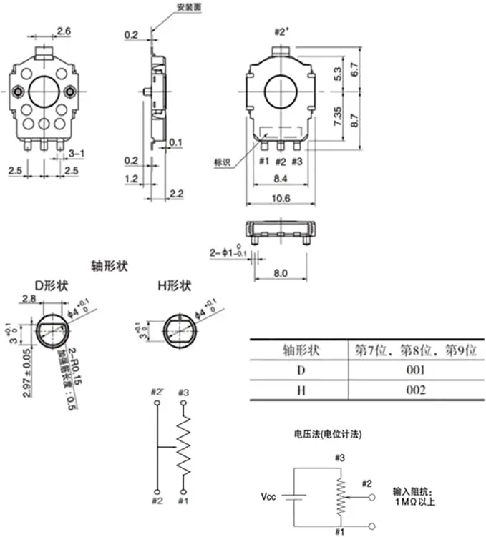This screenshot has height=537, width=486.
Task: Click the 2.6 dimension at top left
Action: coord(64,31)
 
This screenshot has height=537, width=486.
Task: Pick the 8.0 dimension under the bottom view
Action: coord(281,272)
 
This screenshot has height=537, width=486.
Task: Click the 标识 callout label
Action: coord(223,162)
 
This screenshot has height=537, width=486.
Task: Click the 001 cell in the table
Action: coord(414,370)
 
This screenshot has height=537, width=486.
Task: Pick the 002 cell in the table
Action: coord(414,390)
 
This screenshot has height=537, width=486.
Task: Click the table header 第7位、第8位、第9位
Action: coord(414,350)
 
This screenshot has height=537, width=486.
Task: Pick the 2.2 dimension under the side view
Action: coord(178,194)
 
